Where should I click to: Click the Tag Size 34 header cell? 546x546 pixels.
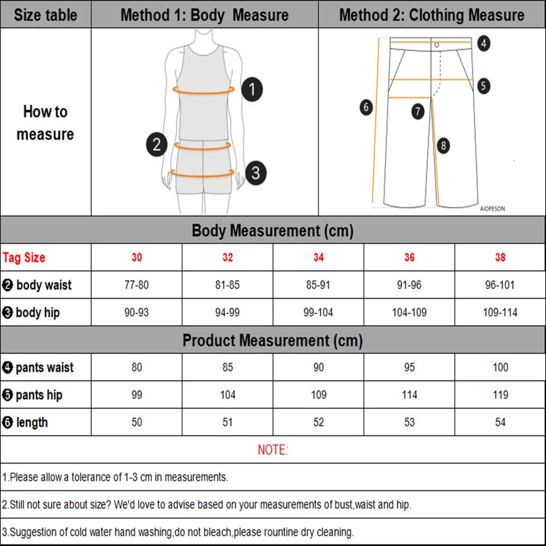[318, 258]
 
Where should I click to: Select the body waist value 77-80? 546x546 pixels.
[136, 285]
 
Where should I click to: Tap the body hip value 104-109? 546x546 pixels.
[409, 312]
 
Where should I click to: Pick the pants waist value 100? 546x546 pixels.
[500, 367]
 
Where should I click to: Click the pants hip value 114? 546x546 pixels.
[409, 395]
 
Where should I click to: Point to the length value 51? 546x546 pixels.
[227, 422]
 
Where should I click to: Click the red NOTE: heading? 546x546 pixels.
[273, 450]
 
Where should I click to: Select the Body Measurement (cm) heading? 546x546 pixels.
[272, 231]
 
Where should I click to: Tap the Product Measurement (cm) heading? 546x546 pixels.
[272, 341]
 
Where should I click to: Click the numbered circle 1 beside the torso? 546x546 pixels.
[252, 90]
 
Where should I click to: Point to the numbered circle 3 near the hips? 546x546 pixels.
[255, 172]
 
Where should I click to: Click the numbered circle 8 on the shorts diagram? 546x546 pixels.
[443, 146]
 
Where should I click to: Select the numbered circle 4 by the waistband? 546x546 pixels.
[483, 43]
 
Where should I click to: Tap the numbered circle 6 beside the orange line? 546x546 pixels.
[366, 106]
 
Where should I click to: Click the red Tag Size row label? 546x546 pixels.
[24, 258]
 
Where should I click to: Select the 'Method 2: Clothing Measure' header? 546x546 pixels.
[432, 15]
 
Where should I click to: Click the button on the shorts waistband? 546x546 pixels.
[437, 44]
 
